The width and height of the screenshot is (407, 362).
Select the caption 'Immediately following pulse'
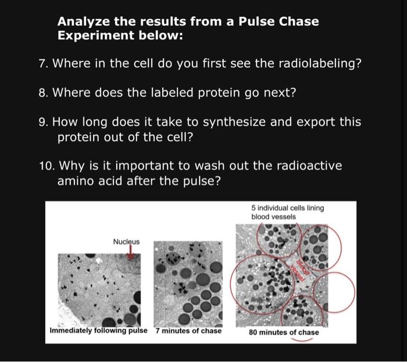point(99,331)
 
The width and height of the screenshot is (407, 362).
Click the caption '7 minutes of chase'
point(188,331)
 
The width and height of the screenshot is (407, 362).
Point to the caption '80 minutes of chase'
point(284,332)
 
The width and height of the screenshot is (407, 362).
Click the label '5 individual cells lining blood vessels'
point(288,212)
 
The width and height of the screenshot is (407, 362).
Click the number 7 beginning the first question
point(43,63)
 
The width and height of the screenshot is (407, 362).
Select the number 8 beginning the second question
point(43,92)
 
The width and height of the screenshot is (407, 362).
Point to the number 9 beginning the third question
point(43,123)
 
